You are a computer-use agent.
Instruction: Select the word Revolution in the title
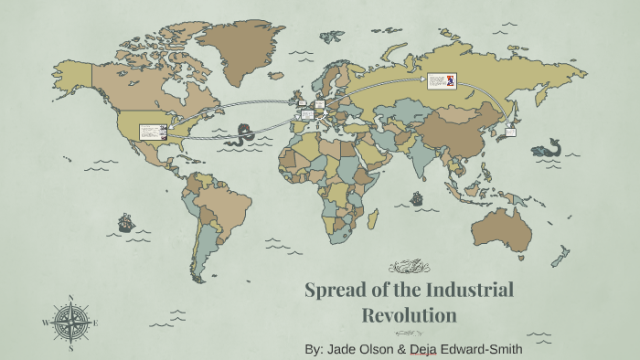click(409, 316)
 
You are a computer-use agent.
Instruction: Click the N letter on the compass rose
click(71, 297)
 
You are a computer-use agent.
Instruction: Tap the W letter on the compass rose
click(46, 323)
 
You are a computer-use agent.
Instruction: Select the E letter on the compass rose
click(96, 323)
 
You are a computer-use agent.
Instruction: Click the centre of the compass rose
click(71, 323)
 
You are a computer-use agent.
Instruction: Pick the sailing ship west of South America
click(126, 221)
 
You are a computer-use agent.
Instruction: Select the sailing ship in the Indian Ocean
click(418, 196)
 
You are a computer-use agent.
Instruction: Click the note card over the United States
click(152, 132)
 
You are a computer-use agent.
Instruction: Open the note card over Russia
click(441, 80)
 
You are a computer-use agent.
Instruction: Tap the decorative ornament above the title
click(409, 267)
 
